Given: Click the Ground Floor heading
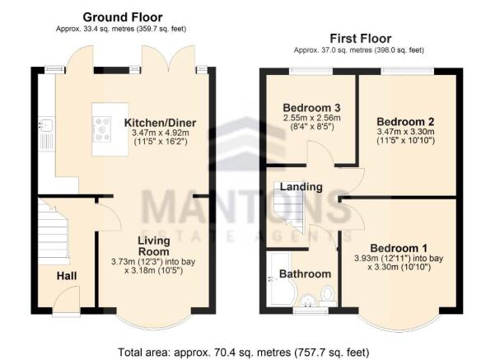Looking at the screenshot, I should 122,17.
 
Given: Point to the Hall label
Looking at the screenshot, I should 67,276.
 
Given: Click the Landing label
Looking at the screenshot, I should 301,187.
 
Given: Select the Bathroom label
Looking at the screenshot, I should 305,274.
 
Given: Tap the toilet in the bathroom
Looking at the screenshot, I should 327,293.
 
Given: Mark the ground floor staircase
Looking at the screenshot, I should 50,231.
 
